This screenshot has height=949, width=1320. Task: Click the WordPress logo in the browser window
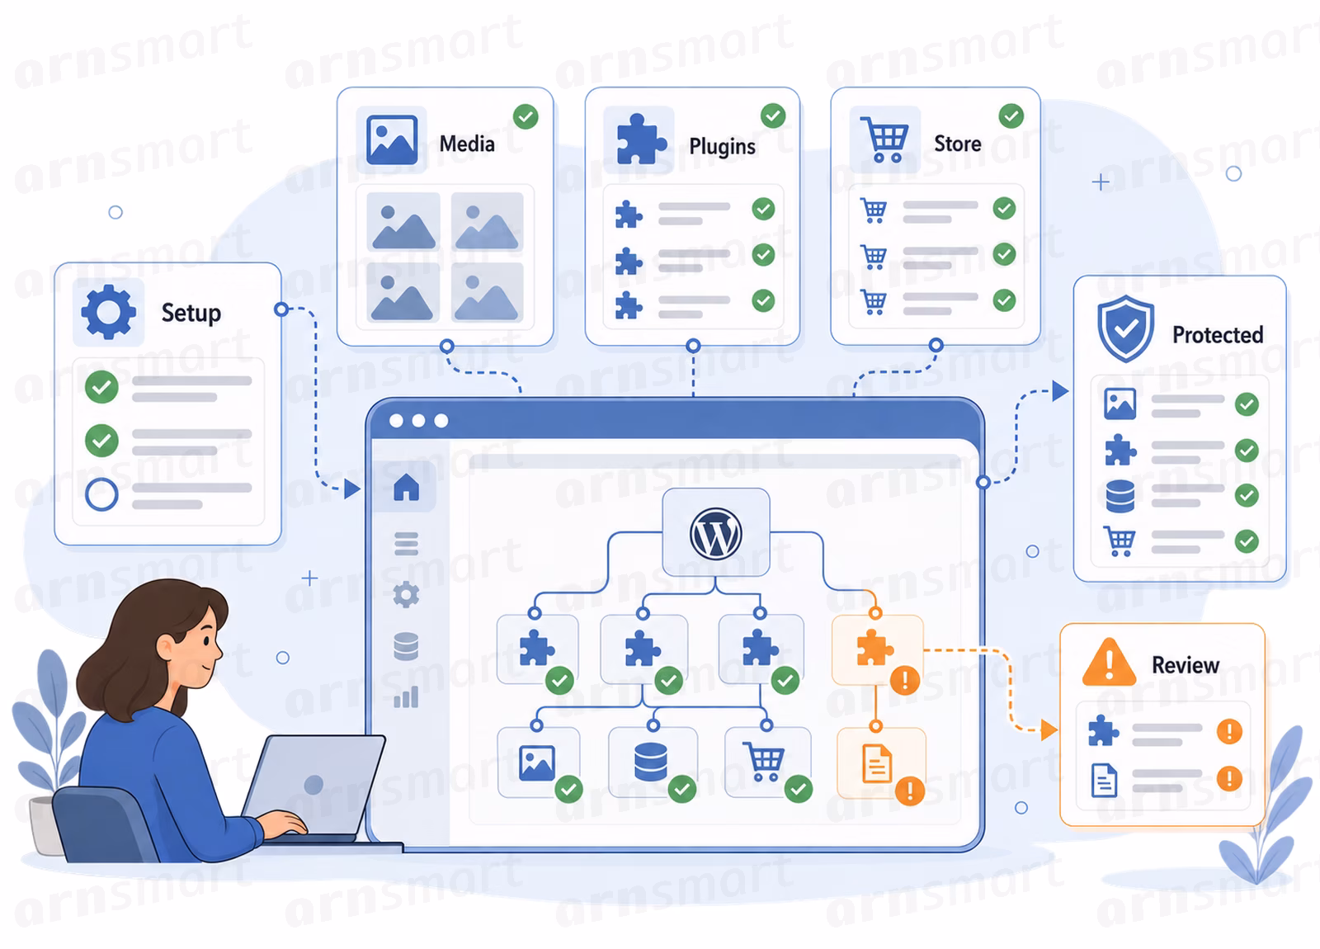[x=715, y=533]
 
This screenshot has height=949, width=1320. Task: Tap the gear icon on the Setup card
[x=108, y=312]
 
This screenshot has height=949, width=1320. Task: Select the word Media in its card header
[x=467, y=144]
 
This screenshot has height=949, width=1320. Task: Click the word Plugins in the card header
[x=723, y=146]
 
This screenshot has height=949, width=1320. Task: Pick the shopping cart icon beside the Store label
[x=884, y=139]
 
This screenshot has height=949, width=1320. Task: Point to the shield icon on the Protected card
[x=1125, y=328]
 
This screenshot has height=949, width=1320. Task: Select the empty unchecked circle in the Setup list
[x=101, y=494]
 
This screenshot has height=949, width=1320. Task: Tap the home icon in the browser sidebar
[x=407, y=488]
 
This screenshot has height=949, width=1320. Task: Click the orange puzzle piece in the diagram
[x=874, y=647]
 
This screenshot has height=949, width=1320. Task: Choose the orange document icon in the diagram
[x=877, y=763]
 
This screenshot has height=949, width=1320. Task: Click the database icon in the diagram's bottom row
[x=651, y=762]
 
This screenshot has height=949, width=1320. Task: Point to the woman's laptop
[x=315, y=787]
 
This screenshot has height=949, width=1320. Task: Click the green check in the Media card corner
[x=526, y=116]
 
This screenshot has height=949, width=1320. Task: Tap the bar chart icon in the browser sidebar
[x=406, y=696]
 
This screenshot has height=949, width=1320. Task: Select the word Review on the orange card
[x=1185, y=665]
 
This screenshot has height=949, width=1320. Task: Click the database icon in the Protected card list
[x=1120, y=496]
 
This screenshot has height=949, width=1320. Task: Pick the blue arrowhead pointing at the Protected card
[x=1060, y=390]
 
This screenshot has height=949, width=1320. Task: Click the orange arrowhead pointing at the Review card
[x=1049, y=729]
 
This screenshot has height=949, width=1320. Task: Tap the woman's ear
[x=166, y=648]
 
